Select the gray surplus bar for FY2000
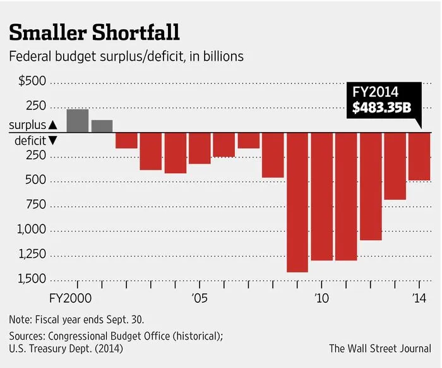pyautogui.click(x=77, y=121)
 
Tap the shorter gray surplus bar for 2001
pyautogui.click(x=102, y=126)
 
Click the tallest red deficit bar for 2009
pyautogui.click(x=297, y=202)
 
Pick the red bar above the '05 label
pyautogui.click(x=199, y=148)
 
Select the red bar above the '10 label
pyautogui.click(x=321, y=196)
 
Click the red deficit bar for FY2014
pyautogui.click(x=419, y=156)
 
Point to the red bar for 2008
pyautogui.click(x=273, y=155)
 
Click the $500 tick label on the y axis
pyautogui.click(x=32, y=82)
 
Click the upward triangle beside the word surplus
pyautogui.click(x=52, y=125)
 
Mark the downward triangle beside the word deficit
pyautogui.click(x=52, y=140)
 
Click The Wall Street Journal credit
pyautogui.click(x=379, y=348)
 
